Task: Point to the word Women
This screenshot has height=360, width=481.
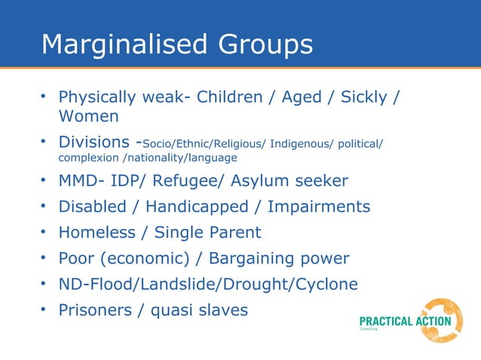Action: [x=88, y=117]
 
